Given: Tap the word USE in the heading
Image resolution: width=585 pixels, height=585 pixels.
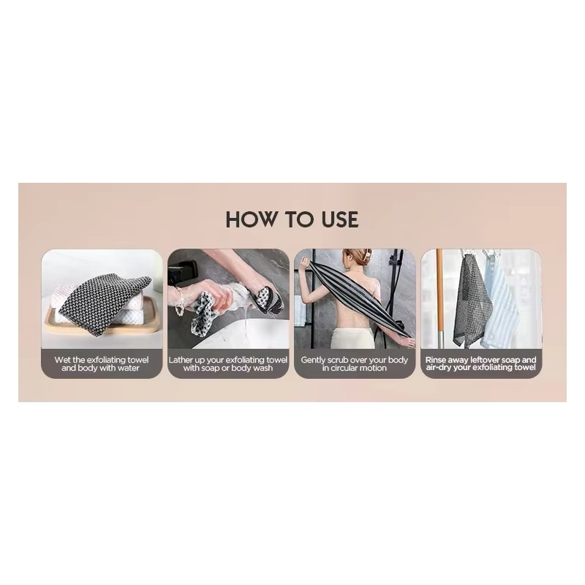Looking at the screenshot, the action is (x=339, y=219).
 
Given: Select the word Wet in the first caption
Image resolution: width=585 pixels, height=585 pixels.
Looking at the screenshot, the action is (x=63, y=360).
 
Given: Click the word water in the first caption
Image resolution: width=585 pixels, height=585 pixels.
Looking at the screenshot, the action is (x=129, y=368).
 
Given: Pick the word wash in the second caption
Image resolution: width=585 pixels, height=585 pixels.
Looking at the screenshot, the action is (x=263, y=368).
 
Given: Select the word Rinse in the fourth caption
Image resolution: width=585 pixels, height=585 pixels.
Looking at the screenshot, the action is (x=435, y=360).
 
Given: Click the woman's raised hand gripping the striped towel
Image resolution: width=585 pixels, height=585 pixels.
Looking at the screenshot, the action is (x=306, y=263).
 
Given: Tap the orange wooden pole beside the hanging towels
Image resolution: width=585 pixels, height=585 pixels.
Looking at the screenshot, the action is (x=440, y=295).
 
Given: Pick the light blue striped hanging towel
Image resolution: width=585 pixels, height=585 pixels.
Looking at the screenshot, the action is (x=501, y=302).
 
